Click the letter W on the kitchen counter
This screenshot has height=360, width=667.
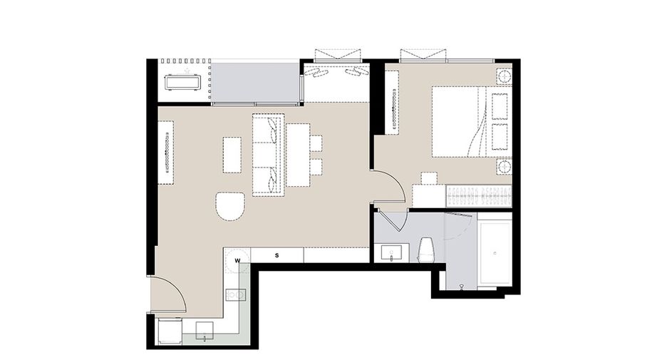pyautogui.click(x=238, y=260)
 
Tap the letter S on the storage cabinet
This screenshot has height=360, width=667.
pyautogui.click(x=277, y=255)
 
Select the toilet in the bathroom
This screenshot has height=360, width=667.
pyautogui.click(x=425, y=250)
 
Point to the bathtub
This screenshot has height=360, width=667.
pyautogui.click(x=495, y=253)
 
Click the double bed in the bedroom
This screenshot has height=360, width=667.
pyautogui.click(x=459, y=121)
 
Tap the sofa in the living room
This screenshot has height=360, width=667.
pyautogui.click(x=268, y=155)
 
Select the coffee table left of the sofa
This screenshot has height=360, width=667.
pyautogui.click(x=232, y=155)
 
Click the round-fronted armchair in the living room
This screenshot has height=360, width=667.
pyautogui.click(x=230, y=206)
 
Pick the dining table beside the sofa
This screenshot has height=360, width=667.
pyautogui.click(x=298, y=155)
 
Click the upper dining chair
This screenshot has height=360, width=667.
pyautogui.click(x=316, y=143)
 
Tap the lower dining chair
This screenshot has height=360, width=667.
pyautogui.click(x=316, y=166)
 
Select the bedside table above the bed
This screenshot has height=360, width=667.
pyautogui.click(x=504, y=77)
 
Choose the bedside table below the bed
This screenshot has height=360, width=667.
pyautogui.click(x=504, y=166)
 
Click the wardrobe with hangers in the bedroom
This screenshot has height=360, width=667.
pyautogui.click(x=479, y=196)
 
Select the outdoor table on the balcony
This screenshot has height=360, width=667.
pyautogui.click(x=184, y=82)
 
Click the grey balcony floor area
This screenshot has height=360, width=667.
pyautogui.click(x=254, y=83)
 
